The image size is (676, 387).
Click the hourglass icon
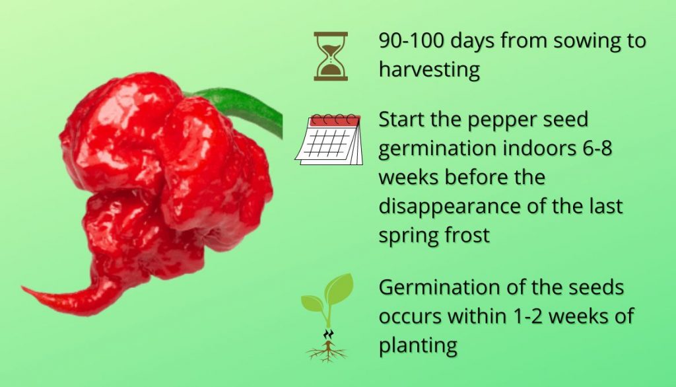[x=331, y=56]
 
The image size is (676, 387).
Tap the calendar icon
[x=329, y=139]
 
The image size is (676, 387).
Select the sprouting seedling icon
[x=327, y=318]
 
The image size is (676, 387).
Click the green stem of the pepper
[x=242, y=108]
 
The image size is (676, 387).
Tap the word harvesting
[x=429, y=70]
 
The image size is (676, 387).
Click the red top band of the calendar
[x=335, y=121]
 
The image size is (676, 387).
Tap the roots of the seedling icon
[x=326, y=352]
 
